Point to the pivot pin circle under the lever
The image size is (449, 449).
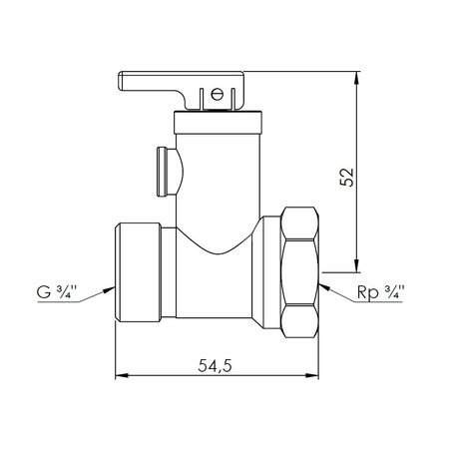[x=213, y=96]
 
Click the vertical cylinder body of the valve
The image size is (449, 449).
[x=220, y=180]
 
